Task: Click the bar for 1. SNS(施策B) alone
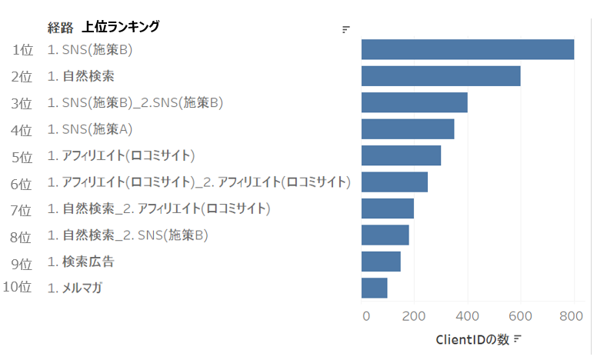(x=468, y=49)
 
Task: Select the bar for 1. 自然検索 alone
(x=441, y=76)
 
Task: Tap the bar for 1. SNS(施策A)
(x=408, y=128)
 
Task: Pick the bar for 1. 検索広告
(x=381, y=262)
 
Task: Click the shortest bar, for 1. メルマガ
(x=374, y=288)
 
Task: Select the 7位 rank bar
(x=388, y=208)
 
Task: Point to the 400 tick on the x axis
(x=468, y=315)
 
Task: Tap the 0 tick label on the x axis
(x=365, y=315)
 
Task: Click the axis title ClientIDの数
(x=472, y=338)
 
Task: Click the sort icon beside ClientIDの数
(x=518, y=338)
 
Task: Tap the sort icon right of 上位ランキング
(x=346, y=30)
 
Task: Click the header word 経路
(x=60, y=27)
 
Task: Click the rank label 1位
(x=22, y=50)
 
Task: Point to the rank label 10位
(x=17, y=288)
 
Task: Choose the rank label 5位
(x=22, y=156)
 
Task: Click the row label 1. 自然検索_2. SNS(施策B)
(x=128, y=235)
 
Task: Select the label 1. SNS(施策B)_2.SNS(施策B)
(x=135, y=102)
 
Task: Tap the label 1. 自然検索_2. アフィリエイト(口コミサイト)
(x=158, y=208)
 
